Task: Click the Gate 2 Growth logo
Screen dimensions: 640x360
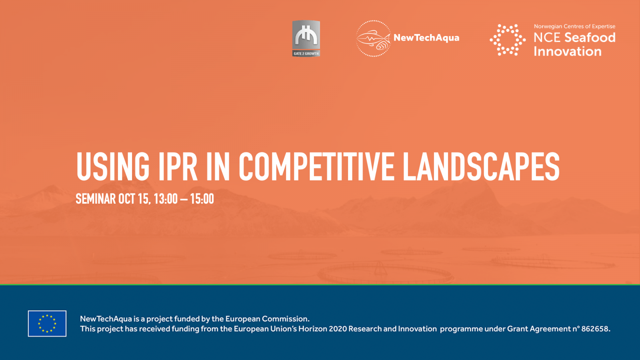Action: pyautogui.click(x=306, y=38)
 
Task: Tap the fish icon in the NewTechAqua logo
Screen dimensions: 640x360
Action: pyautogui.click(x=374, y=38)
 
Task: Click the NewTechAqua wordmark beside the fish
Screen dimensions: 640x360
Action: pyautogui.click(x=426, y=38)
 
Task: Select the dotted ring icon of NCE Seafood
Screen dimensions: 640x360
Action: pyautogui.click(x=508, y=40)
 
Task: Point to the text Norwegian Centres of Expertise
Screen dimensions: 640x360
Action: pyautogui.click(x=574, y=26)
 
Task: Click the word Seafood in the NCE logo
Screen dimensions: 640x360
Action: pyautogui.click(x=590, y=38)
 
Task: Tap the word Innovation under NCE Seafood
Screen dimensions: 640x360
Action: pyautogui.click(x=568, y=52)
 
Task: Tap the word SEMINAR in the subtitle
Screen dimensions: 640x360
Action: pyautogui.click(x=96, y=199)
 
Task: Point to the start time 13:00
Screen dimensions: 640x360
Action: pyautogui.click(x=166, y=199)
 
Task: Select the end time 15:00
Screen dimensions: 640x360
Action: pyautogui.click(x=202, y=199)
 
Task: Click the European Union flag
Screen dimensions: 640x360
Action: pyautogui.click(x=47, y=324)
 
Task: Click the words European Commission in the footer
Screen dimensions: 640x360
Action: pyautogui.click(x=267, y=319)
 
